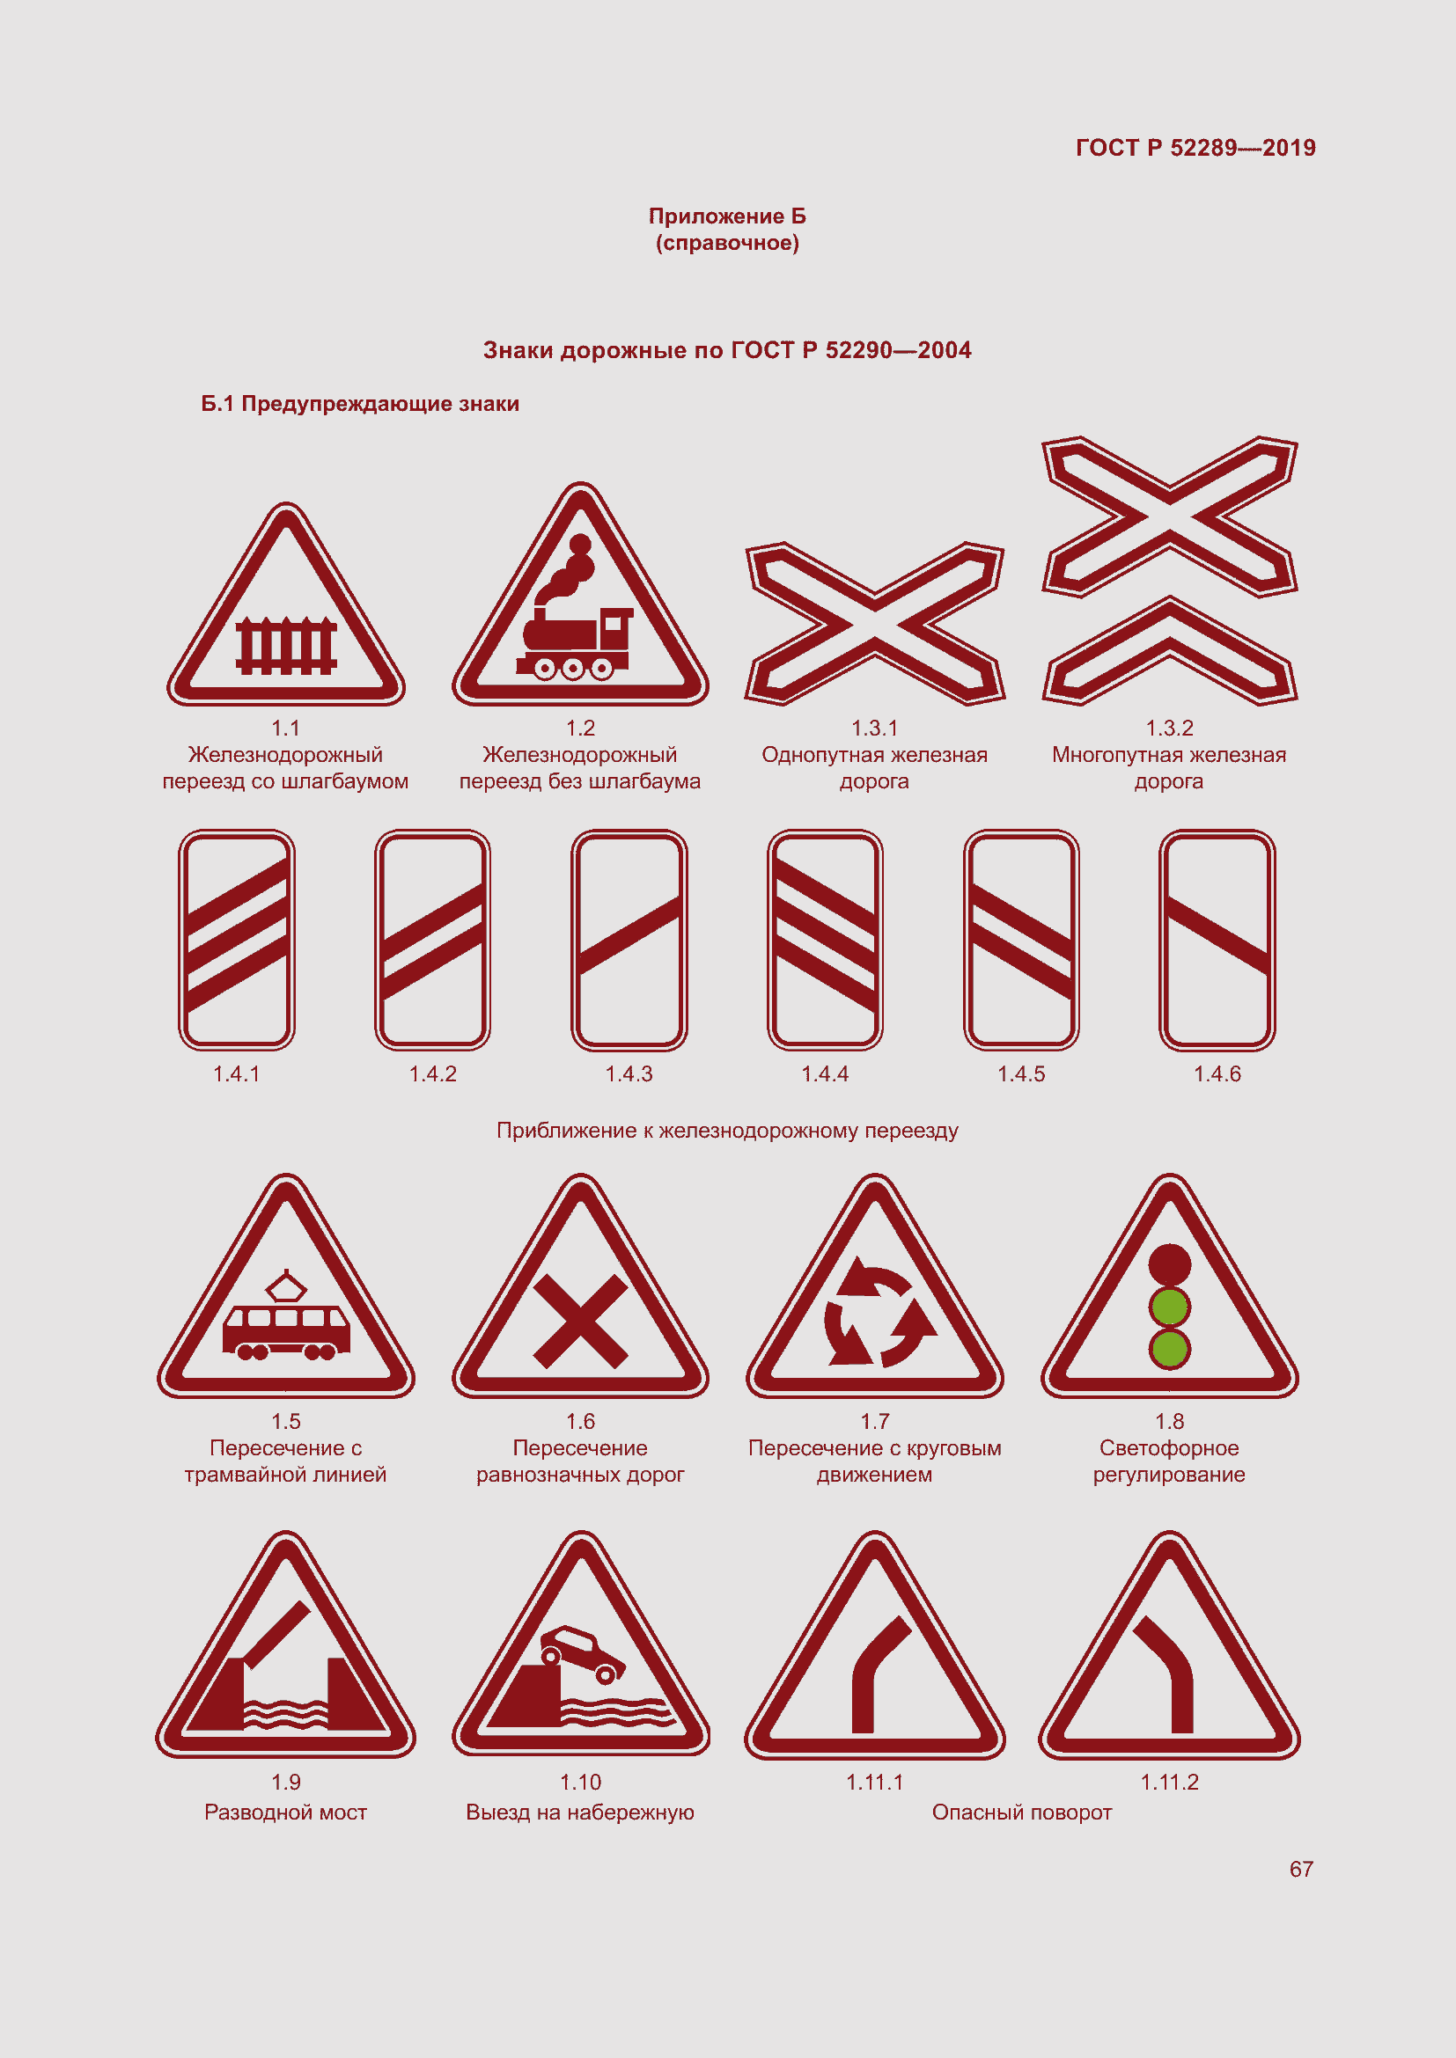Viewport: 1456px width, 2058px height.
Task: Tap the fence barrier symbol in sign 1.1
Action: pyautogui.click(x=286, y=645)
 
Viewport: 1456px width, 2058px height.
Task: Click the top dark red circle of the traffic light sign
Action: pyautogui.click(x=1169, y=1264)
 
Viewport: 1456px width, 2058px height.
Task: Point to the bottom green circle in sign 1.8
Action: pyautogui.click(x=1169, y=1349)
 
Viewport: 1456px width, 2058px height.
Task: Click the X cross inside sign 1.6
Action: pyautogui.click(x=580, y=1322)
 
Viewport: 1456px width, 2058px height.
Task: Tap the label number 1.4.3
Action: pyautogui.click(x=629, y=1073)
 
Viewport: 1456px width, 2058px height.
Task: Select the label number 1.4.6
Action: pyautogui.click(x=1217, y=1073)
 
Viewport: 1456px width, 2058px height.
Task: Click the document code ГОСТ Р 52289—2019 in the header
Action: pyautogui.click(x=1195, y=148)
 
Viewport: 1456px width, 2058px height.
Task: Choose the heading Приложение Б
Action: pyautogui.click(x=727, y=216)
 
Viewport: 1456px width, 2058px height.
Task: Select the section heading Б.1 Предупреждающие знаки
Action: pyautogui.click(x=359, y=404)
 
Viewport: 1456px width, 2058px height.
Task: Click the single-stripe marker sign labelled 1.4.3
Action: pyautogui.click(x=629, y=939)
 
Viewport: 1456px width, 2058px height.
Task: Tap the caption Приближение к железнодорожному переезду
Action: pyautogui.click(x=727, y=1131)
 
